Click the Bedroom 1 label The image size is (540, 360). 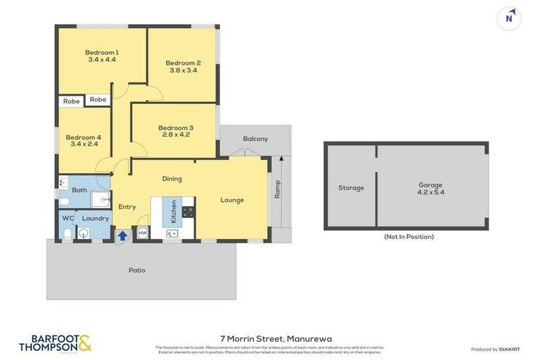102,52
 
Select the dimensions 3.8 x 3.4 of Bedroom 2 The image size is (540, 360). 183,70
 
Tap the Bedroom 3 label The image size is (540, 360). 177,127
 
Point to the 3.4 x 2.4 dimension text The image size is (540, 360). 84,144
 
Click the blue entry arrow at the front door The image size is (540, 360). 122,236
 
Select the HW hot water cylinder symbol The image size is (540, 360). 142,233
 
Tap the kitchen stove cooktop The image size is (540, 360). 188,211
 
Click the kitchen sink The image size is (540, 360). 172,232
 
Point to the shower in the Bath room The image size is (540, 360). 101,200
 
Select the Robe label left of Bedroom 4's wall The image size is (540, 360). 71,101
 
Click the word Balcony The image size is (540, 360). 255,139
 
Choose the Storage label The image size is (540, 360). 351,188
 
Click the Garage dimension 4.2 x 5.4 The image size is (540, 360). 431,192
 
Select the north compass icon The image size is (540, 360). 508,18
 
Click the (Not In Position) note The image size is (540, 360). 409,237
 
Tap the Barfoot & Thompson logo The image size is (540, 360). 55,343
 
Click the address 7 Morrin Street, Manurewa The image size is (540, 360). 270,338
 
